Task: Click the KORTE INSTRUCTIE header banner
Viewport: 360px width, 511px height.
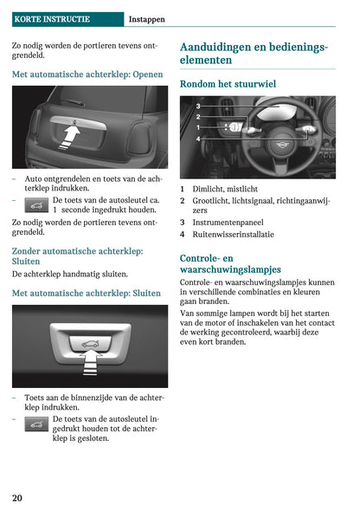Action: click(x=67, y=19)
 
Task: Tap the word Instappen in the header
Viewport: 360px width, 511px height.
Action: click(x=147, y=20)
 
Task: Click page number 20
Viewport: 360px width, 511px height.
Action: click(x=17, y=498)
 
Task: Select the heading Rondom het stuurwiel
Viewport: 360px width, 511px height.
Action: click(x=228, y=84)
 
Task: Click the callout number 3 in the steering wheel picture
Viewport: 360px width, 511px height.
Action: click(x=198, y=106)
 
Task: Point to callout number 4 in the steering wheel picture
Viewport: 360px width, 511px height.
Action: click(x=198, y=139)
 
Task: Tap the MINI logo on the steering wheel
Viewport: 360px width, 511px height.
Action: click(x=280, y=145)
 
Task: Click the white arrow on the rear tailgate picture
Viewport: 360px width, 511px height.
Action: click(x=69, y=138)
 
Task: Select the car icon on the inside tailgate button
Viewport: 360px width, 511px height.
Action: click(x=91, y=344)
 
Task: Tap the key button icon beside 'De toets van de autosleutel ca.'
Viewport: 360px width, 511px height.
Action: click(x=36, y=205)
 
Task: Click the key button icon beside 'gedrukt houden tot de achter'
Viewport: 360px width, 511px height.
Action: click(x=36, y=424)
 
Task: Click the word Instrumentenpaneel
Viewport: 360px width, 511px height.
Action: click(x=228, y=223)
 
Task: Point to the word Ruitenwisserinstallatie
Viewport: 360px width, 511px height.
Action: click(x=233, y=235)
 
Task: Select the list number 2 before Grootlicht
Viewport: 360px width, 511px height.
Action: click(x=183, y=201)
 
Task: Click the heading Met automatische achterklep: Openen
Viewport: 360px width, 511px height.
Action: click(x=87, y=74)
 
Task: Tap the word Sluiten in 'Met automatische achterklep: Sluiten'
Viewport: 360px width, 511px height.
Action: click(x=146, y=293)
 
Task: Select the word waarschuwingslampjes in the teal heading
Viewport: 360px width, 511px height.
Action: click(x=230, y=269)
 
